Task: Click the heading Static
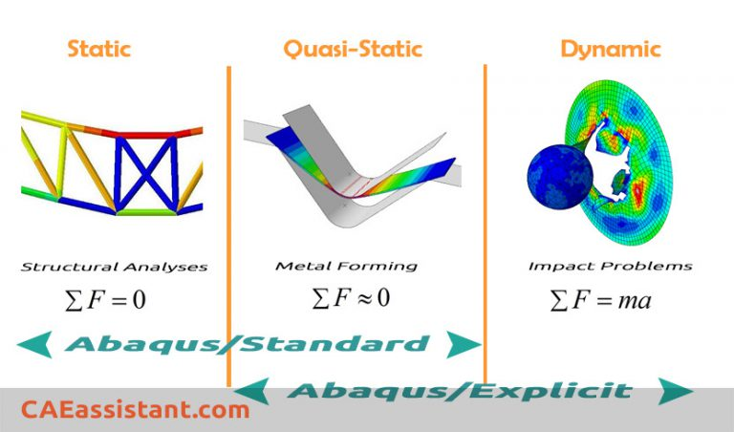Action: pyautogui.click(x=98, y=49)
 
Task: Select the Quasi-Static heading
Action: pyautogui.click(x=354, y=49)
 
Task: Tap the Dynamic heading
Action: pyautogui.click(x=610, y=49)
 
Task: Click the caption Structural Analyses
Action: pyautogui.click(x=114, y=267)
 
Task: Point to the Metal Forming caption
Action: pyautogui.click(x=346, y=267)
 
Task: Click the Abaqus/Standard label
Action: pyautogui.click(x=248, y=344)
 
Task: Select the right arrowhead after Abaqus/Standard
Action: pyautogui.click(x=464, y=344)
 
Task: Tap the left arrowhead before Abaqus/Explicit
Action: pyautogui.click(x=251, y=390)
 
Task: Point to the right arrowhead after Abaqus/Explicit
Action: pyautogui.click(x=676, y=391)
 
